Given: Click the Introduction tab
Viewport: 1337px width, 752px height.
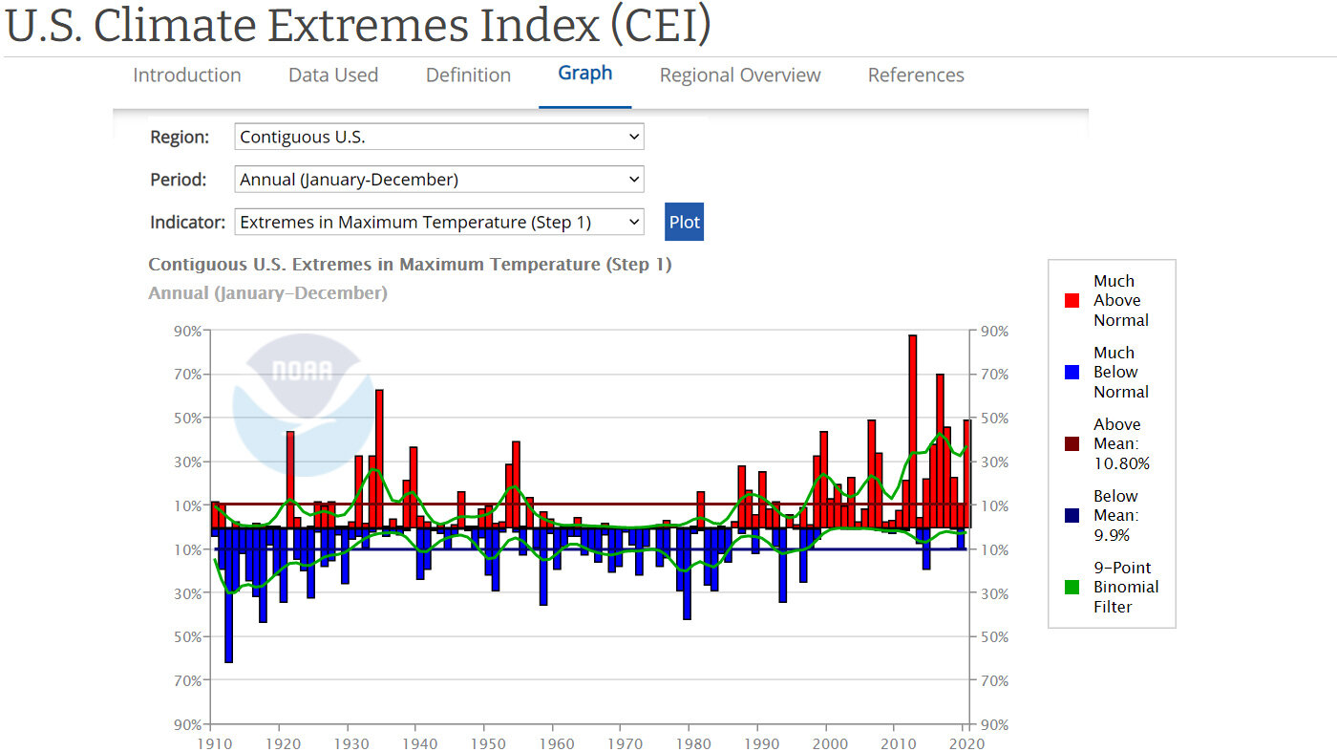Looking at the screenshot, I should coord(186,75).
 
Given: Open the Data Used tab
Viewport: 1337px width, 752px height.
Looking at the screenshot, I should coord(333,75).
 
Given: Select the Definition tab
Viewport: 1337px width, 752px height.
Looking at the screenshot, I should coord(468,75).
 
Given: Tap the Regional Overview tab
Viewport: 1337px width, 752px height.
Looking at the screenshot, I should coord(740,75).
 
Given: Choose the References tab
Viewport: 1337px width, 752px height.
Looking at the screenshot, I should coord(916,75).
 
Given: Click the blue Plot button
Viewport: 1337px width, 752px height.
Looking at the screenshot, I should coord(684,222).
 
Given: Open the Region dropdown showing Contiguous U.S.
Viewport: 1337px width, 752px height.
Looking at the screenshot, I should coord(439,137).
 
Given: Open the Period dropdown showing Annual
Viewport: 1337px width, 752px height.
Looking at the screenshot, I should coord(439,180).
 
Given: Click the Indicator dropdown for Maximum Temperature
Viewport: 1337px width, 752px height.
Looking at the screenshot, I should coord(439,222).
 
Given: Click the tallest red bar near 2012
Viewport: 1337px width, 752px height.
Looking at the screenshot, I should coord(912,430).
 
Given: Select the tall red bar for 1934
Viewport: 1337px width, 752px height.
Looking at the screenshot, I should coord(379,459).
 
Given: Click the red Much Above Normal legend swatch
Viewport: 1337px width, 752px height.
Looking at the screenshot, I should coord(1072,301).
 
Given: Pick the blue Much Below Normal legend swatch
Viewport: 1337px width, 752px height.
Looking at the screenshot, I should coord(1072,373).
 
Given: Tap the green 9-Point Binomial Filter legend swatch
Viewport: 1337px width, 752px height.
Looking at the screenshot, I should coord(1072,588).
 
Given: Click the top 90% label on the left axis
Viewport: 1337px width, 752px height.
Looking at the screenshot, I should coord(187,332).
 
